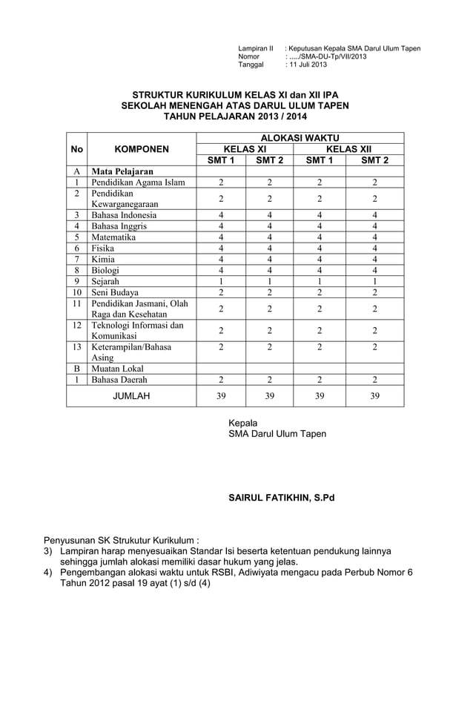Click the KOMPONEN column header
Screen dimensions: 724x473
[x=142, y=149]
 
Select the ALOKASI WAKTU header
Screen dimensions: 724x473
[x=300, y=138]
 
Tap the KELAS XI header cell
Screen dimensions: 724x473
[x=245, y=149]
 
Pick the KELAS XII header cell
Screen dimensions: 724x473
[x=348, y=149]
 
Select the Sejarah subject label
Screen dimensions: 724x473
[x=105, y=282]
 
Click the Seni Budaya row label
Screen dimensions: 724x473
[x=114, y=293]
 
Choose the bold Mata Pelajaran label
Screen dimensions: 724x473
[x=122, y=171]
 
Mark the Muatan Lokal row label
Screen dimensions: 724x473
[x=117, y=369]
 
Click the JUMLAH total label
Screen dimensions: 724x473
[x=131, y=396]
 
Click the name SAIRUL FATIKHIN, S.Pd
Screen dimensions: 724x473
[x=281, y=497]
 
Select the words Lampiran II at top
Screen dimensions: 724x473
[x=256, y=48]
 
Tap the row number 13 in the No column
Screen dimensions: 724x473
[x=76, y=346]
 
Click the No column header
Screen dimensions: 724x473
[x=76, y=149]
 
